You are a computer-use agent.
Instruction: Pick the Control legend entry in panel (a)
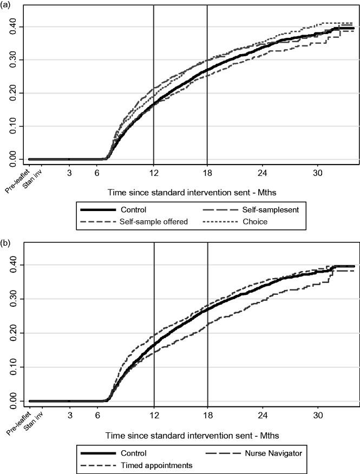tap(134, 209)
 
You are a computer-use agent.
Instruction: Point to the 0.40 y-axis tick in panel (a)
tap(17, 27)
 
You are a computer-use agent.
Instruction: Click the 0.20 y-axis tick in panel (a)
tap(17, 93)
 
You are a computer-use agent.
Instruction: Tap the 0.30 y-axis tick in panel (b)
tap(17, 299)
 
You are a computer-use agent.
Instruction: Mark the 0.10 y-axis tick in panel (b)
tap(17, 367)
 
